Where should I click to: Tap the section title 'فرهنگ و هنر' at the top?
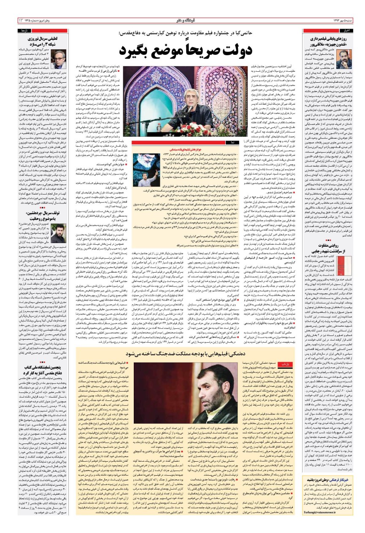click(183, 20)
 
